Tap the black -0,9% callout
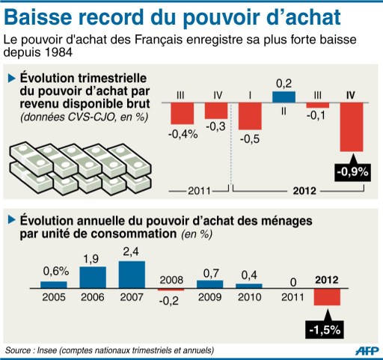(x=352, y=172)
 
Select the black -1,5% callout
(x=326, y=327)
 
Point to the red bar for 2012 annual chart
(x=326, y=296)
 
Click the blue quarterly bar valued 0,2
(x=284, y=97)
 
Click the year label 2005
(x=53, y=296)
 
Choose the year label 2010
(x=248, y=296)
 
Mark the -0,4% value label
(x=183, y=134)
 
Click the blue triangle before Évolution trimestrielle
(x=12, y=77)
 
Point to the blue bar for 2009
(x=209, y=283)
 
